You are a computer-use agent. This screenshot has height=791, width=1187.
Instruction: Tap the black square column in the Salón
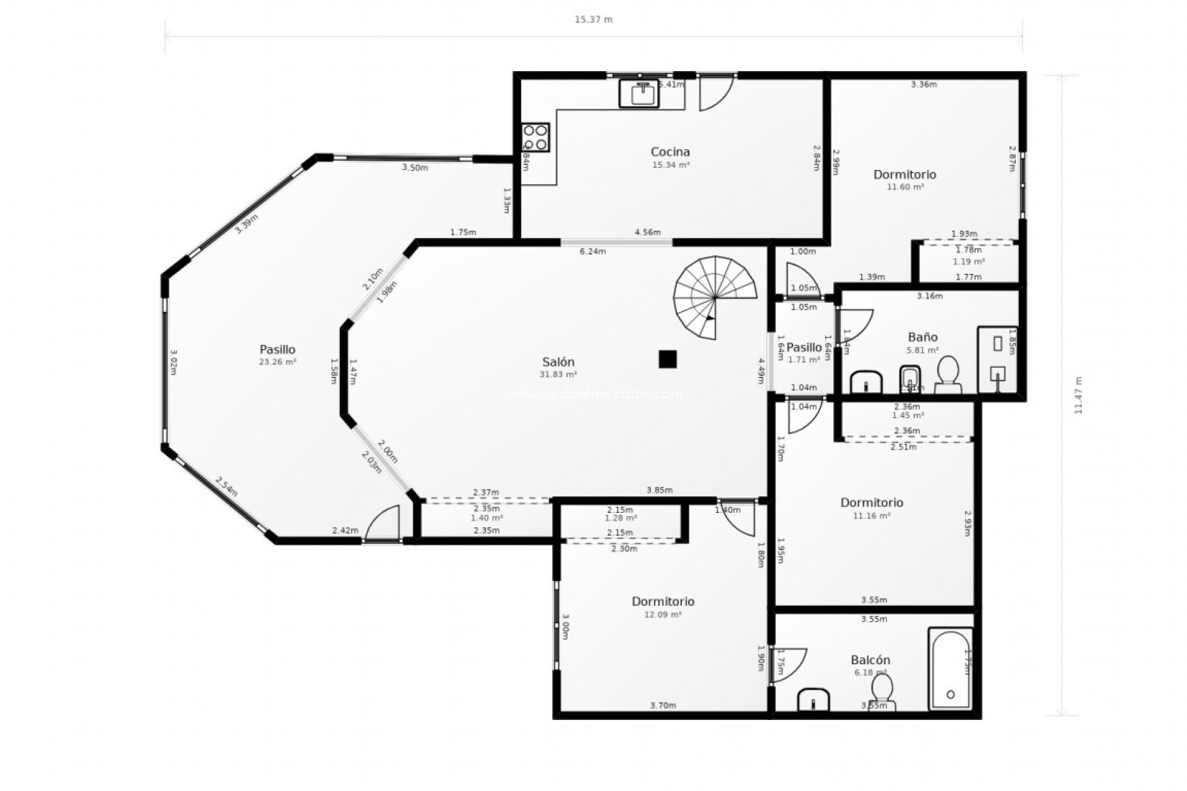click(667, 359)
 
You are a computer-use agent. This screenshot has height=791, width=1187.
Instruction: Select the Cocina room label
click(670, 151)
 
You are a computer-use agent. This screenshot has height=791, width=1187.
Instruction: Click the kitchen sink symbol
click(643, 94)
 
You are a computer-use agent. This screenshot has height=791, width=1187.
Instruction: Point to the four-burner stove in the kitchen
click(535, 137)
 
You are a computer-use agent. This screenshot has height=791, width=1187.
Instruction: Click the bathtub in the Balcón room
click(950, 669)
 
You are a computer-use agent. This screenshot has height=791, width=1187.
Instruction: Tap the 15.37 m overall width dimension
click(593, 20)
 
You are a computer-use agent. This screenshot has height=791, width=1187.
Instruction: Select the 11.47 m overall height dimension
click(1078, 395)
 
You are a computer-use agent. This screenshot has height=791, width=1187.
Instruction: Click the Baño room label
click(922, 337)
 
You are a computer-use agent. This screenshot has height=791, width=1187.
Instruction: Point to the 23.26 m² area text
click(278, 362)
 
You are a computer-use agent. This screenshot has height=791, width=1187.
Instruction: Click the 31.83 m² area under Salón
click(558, 374)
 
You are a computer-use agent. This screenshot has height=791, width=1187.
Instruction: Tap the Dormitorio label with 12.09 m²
click(663, 601)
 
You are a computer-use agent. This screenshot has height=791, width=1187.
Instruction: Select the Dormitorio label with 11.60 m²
click(904, 174)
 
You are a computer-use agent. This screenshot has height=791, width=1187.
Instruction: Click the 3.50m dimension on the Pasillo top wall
click(414, 167)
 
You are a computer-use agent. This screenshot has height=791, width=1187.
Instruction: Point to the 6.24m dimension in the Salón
click(592, 252)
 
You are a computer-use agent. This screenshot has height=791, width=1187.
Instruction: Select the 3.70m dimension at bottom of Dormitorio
click(663, 705)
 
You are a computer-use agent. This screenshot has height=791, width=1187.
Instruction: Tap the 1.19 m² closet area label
click(968, 261)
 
